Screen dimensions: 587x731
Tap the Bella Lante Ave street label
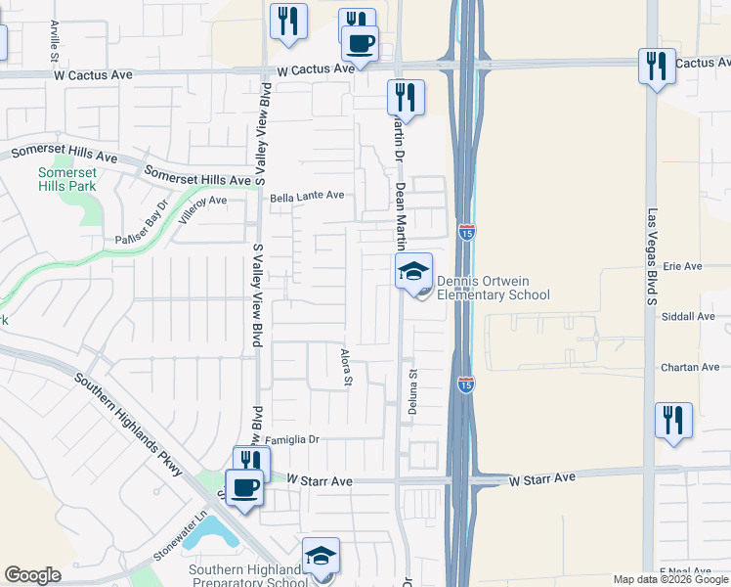[x=308, y=196]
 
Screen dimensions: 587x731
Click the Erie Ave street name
[x=683, y=266]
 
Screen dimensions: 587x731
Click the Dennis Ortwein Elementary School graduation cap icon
[x=414, y=270]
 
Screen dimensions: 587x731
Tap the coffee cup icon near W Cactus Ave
[x=360, y=44]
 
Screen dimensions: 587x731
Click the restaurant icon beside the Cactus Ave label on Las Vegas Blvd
[x=656, y=67]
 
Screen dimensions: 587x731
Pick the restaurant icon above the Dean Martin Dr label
[x=405, y=98]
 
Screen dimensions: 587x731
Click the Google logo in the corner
[x=32, y=574]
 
